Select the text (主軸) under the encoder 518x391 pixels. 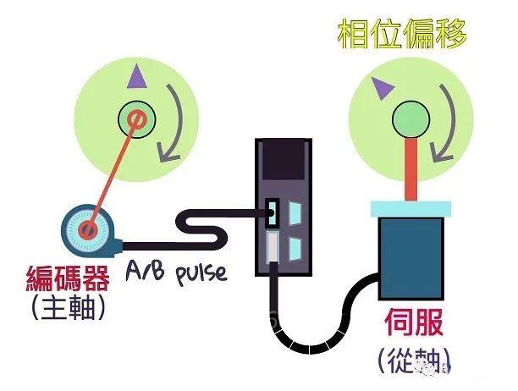67,308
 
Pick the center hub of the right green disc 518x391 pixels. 411,116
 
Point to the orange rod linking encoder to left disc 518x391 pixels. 110,173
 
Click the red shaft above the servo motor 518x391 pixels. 411,169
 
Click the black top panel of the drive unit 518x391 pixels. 282,161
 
